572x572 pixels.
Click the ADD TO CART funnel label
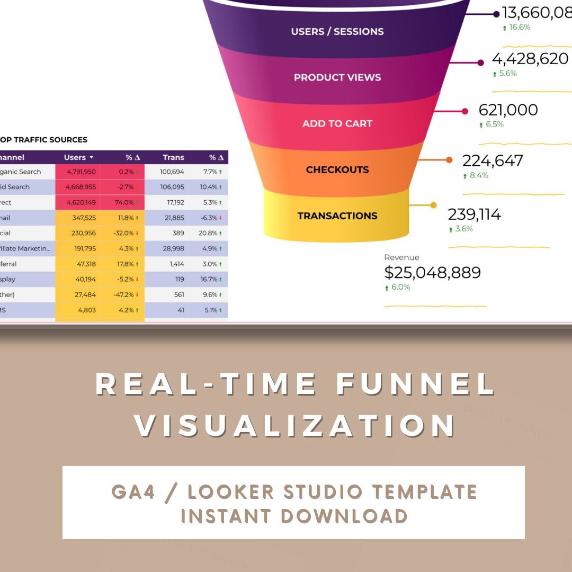337,123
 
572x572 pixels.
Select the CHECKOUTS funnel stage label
337,169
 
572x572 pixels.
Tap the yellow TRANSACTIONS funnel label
337,216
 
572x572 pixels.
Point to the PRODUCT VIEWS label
337,77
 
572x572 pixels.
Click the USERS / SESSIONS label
337,31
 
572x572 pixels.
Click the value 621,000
508,110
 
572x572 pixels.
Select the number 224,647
493,160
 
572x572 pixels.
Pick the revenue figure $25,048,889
432,273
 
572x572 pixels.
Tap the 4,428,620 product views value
530,59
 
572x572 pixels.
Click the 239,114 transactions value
475,215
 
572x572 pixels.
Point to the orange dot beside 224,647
449,159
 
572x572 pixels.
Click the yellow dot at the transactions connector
433,205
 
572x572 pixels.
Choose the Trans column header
173,157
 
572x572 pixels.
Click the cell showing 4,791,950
81,172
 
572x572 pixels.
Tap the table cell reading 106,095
172,187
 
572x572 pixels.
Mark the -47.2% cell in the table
122,294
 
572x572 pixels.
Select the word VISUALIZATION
295,426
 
